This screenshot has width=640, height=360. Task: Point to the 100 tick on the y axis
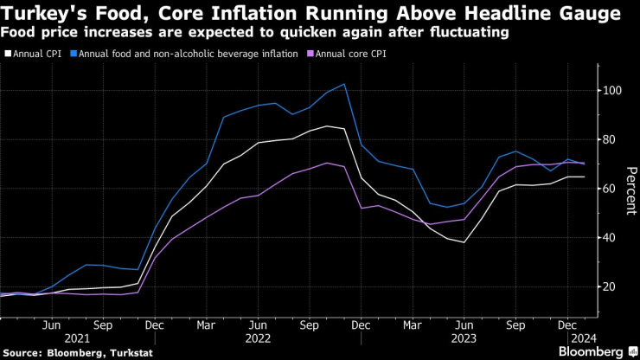click(x=614, y=90)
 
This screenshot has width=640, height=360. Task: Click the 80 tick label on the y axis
click(x=611, y=138)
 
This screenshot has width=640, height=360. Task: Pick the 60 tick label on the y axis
click(x=611, y=188)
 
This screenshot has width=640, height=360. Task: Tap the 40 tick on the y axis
click(x=611, y=237)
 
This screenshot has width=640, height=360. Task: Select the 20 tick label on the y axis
click(x=611, y=286)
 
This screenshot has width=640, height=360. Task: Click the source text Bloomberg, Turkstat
click(x=95, y=351)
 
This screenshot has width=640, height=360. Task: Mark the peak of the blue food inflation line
click(x=345, y=84)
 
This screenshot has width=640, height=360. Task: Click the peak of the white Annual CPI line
click(x=326, y=126)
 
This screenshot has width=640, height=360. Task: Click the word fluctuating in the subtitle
click(x=470, y=32)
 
